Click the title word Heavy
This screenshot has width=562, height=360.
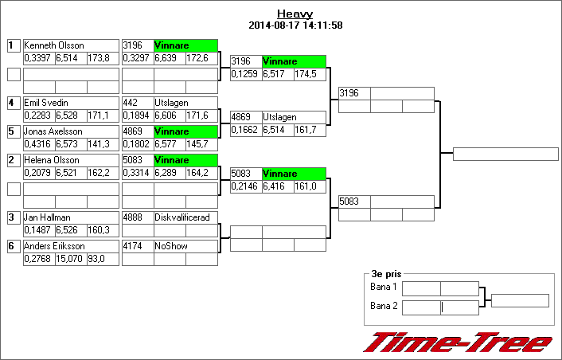pos(295,14)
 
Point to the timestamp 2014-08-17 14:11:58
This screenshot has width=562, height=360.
pos(295,25)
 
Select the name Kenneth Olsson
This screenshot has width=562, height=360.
pos(54,45)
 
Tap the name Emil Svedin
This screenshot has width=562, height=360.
pos(45,103)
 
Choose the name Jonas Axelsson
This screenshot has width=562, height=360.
pos(53,131)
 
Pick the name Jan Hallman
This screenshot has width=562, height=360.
pos(45,217)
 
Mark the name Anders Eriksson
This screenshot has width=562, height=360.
pos(53,246)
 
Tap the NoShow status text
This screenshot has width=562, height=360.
pos(171,246)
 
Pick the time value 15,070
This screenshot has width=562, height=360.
pos(68,259)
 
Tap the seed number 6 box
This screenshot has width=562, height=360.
pos(13,246)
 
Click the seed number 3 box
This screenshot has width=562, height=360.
pos(13,217)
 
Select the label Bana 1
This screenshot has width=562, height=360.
pos(384,287)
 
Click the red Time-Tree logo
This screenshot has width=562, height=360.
pos(458,342)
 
